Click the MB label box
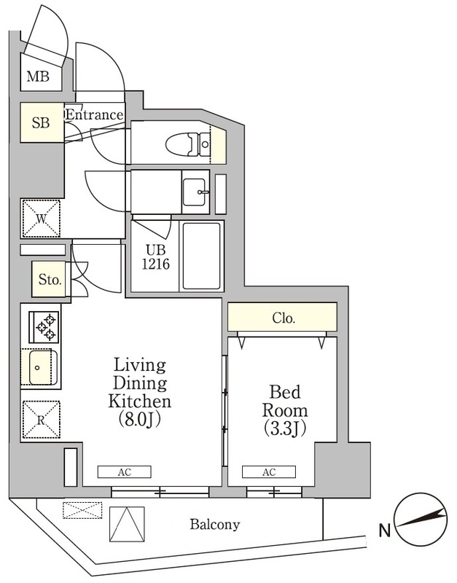click(x=39, y=77)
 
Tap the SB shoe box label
click(x=40, y=123)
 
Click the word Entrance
click(x=94, y=114)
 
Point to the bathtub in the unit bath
click(x=200, y=256)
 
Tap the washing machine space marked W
click(x=42, y=218)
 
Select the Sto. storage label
click(x=50, y=279)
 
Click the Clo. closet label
click(x=283, y=318)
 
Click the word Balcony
click(x=215, y=524)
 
